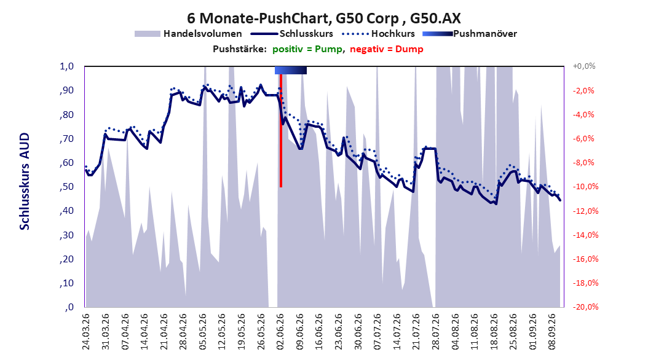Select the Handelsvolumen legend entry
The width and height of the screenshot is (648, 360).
tap(189, 34)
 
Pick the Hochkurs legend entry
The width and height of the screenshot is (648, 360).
tap(379, 34)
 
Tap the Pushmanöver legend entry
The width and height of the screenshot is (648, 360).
tap(470, 34)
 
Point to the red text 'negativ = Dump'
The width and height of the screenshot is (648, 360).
tap(387, 49)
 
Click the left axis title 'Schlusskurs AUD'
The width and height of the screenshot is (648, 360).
tap(25, 181)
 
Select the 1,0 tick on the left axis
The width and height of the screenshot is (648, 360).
tap(67, 66)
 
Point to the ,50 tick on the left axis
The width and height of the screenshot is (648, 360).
tap(67, 187)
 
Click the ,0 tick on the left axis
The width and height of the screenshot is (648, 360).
tap(69, 307)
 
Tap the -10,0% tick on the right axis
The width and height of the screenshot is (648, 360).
tap(585, 187)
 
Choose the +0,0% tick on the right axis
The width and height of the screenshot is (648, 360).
tap(584, 66)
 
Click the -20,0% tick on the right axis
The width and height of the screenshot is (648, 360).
tap(585, 307)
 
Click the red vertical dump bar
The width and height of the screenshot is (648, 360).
tap(281, 130)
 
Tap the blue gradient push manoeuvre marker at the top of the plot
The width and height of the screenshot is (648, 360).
tap(291, 70)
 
